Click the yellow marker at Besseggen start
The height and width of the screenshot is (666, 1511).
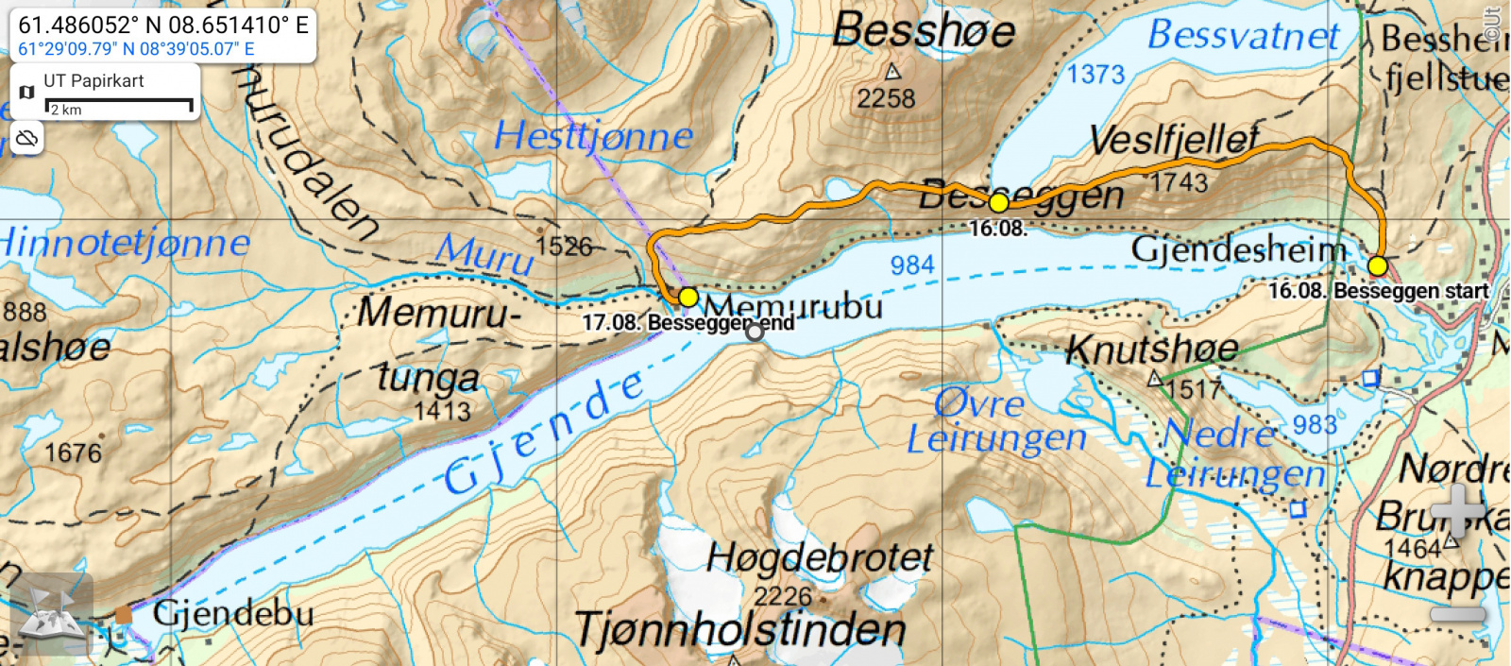(1378, 265)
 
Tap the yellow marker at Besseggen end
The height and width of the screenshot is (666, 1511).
(688, 298)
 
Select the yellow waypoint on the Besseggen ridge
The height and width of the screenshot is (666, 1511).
(998, 202)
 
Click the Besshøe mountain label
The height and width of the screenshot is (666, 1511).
(924, 31)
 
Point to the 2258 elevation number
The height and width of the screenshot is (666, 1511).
(886, 98)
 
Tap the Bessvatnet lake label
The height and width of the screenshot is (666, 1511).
(1244, 36)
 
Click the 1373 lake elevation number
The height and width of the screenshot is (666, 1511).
(1095, 74)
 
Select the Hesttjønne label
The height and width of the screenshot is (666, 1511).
(594, 136)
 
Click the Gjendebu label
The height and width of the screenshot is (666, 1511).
(232, 614)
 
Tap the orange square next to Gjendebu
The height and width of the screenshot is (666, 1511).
(124, 615)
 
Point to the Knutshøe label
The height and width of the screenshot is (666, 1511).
(1152, 350)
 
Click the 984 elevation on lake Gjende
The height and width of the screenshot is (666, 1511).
(912, 265)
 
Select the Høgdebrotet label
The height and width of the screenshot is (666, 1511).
(820, 558)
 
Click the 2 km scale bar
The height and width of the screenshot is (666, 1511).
(120, 106)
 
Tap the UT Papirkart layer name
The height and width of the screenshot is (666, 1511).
(93, 81)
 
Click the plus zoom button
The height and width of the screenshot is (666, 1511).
(1457, 510)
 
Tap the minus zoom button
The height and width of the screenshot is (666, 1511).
(1457, 615)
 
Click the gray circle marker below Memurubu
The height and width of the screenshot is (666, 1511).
(755, 332)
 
